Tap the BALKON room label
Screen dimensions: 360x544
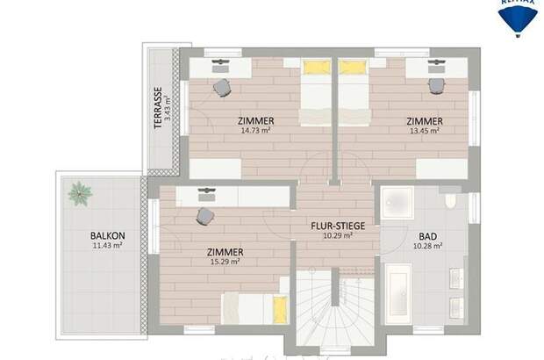pos(106,235)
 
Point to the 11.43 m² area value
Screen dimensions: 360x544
pos(106,246)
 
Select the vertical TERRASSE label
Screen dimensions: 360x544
pos(158,108)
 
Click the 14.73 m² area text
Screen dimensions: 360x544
pos(255,131)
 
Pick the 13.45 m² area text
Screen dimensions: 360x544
pos(424,131)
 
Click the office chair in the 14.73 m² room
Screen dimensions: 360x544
pos(222,87)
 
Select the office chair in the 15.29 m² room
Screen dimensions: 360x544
pos(205,215)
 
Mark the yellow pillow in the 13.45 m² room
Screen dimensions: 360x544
pos(353,67)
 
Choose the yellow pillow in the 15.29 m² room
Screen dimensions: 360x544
pos(280,308)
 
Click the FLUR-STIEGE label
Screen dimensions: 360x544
pos(332,225)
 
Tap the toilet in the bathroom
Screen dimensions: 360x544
pos(450,201)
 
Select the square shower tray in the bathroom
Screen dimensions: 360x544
pos(397,204)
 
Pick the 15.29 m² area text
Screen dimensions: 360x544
pos(227,263)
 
